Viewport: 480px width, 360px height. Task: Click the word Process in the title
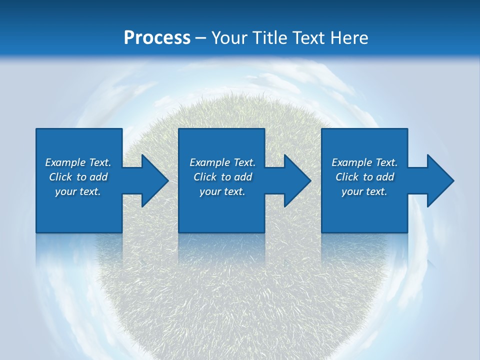(x=157, y=38)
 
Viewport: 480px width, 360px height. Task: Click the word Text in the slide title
(x=310, y=38)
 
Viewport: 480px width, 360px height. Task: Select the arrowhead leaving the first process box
(x=153, y=181)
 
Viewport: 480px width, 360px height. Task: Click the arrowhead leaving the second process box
(x=295, y=181)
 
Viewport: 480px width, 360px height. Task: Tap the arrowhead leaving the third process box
(x=438, y=181)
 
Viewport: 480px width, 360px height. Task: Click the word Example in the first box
(x=65, y=162)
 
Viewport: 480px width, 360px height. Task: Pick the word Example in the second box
(x=210, y=162)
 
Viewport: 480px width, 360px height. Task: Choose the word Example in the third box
(x=352, y=162)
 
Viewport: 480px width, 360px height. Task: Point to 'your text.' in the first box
(x=78, y=191)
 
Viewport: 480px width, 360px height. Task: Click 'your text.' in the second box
(x=222, y=191)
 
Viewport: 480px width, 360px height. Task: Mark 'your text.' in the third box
(x=364, y=191)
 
